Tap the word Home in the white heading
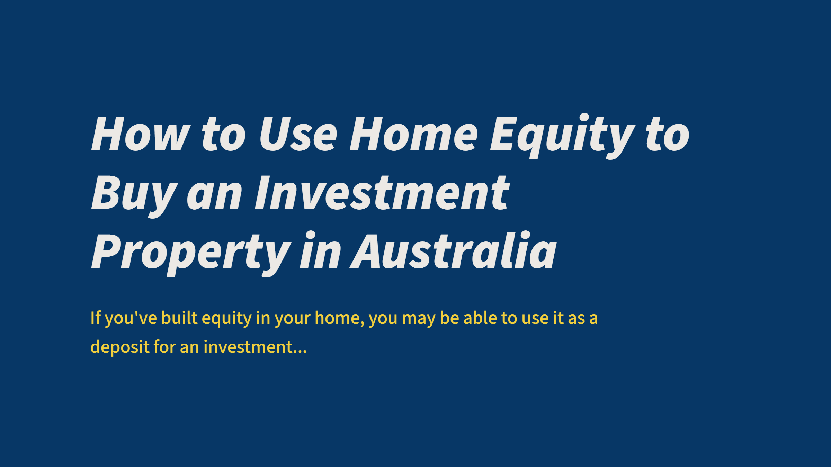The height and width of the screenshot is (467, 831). point(414,134)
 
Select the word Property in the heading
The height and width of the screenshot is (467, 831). point(191,252)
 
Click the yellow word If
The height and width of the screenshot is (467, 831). point(95,318)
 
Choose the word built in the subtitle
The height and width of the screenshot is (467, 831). point(179,318)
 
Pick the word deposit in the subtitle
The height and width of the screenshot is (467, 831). point(119,347)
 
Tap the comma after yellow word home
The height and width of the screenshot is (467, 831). point(362,324)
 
